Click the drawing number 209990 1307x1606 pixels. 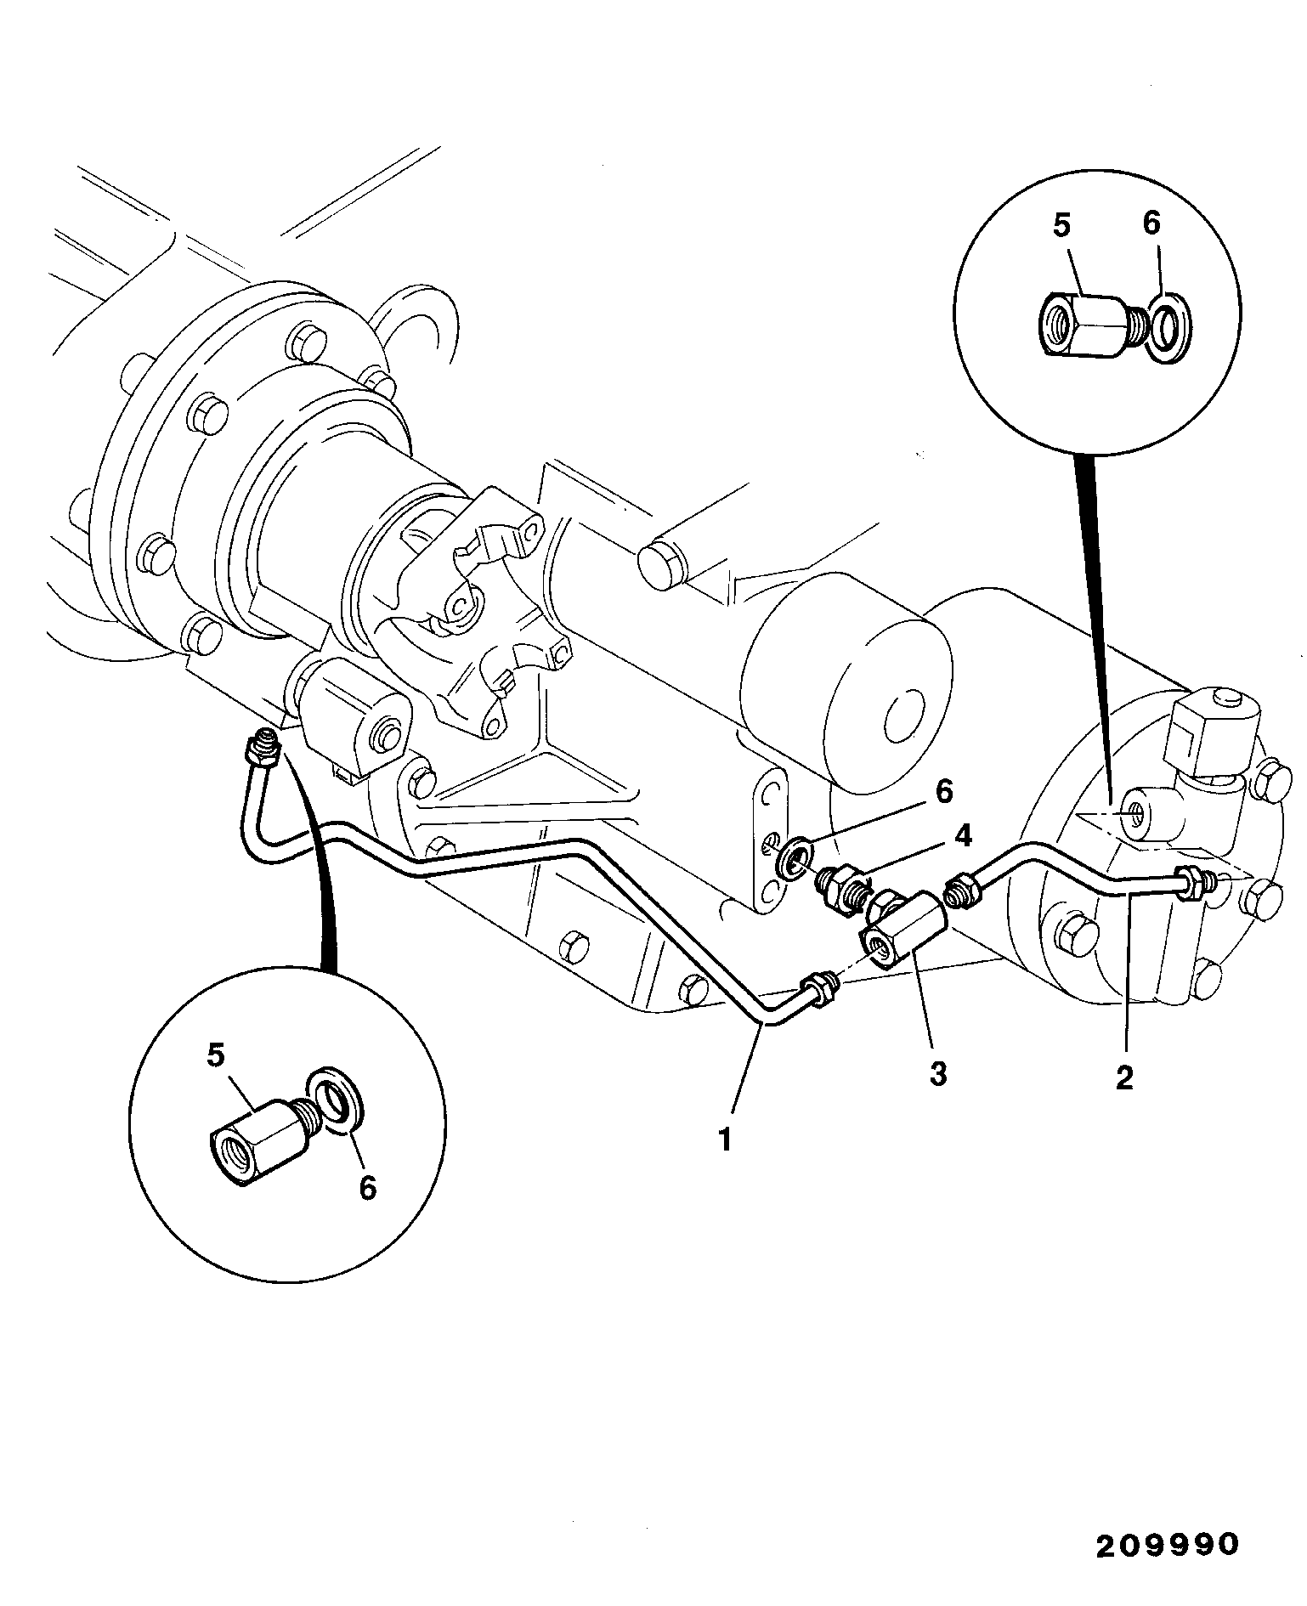click(x=1168, y=1544)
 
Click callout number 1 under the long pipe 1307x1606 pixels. click(x=724, y=1139)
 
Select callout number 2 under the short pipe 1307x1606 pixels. click(x=1124, y=1077)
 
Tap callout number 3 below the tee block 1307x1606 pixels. click(x=937, y=1074)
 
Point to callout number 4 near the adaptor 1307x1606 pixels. click(x=961, y=836)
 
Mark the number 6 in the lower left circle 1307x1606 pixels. click(x=366, y=1187)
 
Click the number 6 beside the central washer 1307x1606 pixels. click(x=944, y=792)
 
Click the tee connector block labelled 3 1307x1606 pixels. click(x=902, y=925)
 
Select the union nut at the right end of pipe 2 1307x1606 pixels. click(x=1192, y=884)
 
